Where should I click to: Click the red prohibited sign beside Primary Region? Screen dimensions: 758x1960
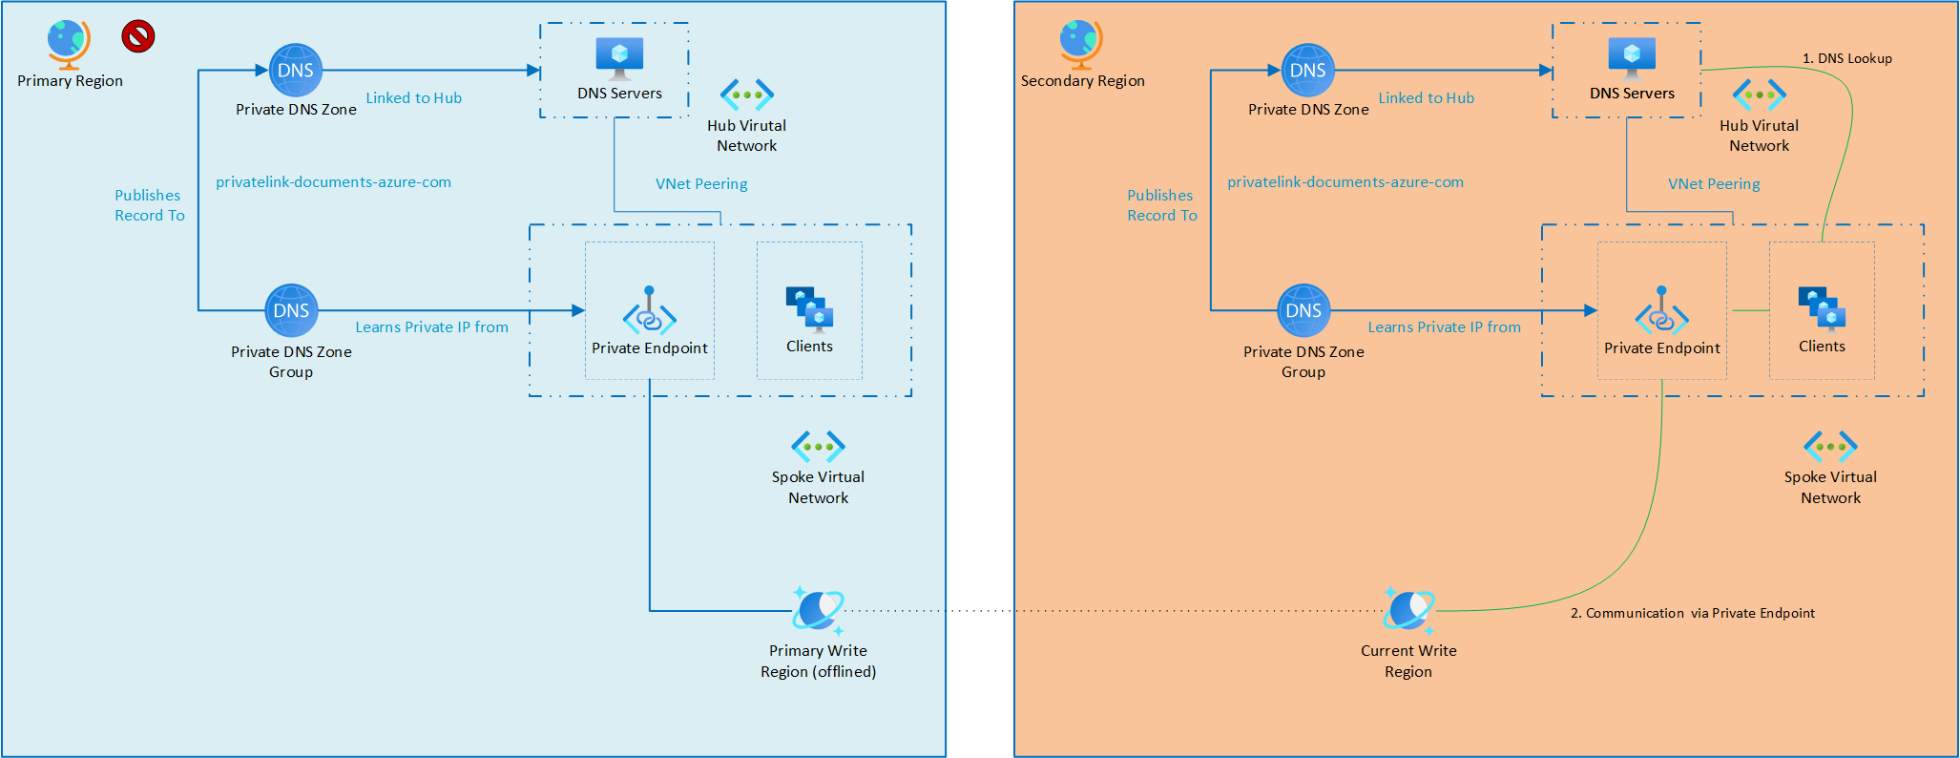(138, 36)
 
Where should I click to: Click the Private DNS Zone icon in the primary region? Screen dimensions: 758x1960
(296, 70)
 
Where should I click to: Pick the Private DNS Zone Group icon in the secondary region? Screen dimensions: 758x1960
(1303, 310)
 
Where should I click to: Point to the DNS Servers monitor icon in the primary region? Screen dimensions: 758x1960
(619, 58)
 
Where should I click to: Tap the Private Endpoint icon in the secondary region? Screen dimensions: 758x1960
(1661, 310)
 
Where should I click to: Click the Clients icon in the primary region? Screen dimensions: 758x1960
(809, 308)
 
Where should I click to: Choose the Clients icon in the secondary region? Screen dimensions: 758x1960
(1822, 308)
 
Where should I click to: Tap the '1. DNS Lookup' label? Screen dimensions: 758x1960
(1846, 58)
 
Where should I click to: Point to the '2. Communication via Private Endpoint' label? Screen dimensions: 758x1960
(1693, 613)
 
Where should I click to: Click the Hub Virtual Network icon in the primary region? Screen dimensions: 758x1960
(747, 95)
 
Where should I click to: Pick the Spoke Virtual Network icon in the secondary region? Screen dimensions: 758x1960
(1830, 446)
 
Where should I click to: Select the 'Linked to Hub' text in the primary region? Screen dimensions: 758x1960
(414, 97)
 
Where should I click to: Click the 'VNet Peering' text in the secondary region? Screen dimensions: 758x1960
(1714, 183)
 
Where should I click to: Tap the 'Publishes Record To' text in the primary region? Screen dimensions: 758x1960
(150, 205)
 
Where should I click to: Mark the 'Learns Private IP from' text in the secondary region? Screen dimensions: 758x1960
(1444, 326)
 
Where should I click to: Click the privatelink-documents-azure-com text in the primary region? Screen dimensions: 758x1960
(333, 181)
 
